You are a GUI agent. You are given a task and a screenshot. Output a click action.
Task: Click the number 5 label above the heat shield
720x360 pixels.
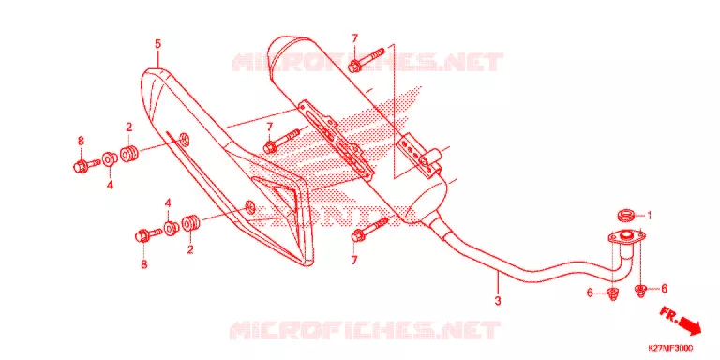157,44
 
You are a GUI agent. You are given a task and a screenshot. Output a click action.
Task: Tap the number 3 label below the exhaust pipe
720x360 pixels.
498,301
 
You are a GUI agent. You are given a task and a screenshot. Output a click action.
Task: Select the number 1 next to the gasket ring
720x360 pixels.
650,215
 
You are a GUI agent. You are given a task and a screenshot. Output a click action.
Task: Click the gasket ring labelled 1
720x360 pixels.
626,215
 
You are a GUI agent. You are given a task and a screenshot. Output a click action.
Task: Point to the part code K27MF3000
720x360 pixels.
670,348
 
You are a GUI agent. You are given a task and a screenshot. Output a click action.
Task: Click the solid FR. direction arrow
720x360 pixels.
689,324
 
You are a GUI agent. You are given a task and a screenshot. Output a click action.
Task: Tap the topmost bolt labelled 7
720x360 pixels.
367,60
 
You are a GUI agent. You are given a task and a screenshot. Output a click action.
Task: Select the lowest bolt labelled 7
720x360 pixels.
369,230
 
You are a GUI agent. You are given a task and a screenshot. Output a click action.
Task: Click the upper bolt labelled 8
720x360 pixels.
86,165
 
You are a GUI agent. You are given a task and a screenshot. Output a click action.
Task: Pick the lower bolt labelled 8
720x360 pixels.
149,234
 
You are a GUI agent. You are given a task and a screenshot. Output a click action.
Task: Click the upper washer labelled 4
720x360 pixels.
110,158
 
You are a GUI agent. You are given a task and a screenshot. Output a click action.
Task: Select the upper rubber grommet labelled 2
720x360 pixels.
130,154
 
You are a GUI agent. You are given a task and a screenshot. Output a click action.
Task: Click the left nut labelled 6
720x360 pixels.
612,292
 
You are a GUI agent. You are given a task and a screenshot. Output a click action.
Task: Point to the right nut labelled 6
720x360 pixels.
640,290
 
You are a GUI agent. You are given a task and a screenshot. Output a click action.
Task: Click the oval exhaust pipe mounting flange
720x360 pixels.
626,237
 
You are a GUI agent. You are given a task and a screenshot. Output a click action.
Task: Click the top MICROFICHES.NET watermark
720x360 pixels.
367,63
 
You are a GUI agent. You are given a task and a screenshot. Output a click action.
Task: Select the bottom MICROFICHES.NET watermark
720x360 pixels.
365,330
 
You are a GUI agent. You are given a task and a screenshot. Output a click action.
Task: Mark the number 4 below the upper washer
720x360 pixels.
110,186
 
